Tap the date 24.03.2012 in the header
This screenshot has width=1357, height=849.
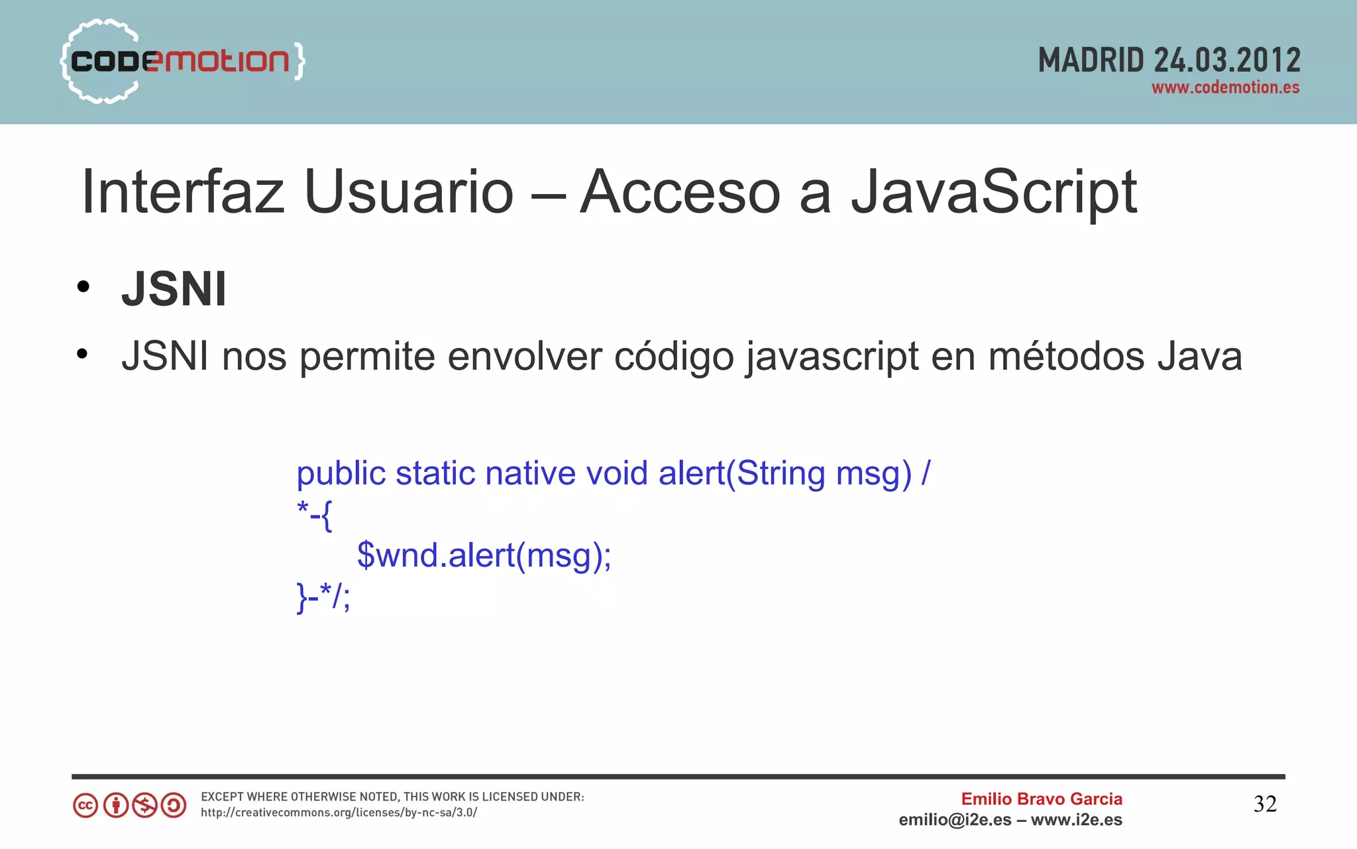(1227, 61)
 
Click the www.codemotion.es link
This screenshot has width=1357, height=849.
(1225, 87)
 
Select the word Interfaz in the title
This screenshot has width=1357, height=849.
(183, 192)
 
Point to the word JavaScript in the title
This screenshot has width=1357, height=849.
(994, 192)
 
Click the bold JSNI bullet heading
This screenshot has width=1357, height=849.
(174, 290)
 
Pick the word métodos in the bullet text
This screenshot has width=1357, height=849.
(1066, 357)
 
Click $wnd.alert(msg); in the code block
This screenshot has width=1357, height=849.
(484, 555)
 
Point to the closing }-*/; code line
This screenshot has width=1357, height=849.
(323, 596)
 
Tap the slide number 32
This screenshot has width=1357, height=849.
(1265, 804)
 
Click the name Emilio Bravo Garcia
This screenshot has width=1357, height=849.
(1042, 799)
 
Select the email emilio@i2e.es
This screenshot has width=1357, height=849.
(955, 820)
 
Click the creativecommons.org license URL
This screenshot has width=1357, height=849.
(339, 813)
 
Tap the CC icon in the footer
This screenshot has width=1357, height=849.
(85, 806)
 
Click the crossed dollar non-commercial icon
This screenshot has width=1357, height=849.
(144, 806)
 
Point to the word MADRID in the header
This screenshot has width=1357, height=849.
(1091, 61)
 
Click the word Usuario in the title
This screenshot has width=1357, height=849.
(408, 192)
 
